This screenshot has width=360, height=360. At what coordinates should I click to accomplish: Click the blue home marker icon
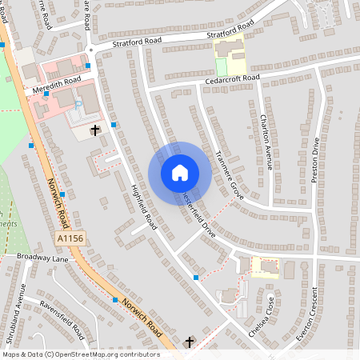click(180, 173)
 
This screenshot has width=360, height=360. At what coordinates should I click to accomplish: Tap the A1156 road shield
click(70, 238)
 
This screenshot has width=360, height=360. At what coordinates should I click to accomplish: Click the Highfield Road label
click(144, 207)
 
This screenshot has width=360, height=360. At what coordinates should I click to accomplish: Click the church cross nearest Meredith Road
click(95, 130)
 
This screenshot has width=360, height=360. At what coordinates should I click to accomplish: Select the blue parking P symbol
click(78, 104)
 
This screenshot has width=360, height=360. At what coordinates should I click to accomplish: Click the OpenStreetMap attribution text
click(81, 354)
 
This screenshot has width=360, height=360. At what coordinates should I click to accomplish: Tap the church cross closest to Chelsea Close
click(190, 342)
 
